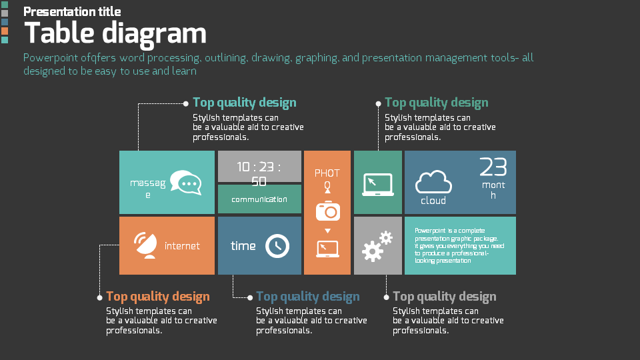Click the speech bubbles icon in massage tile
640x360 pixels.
(x=185, y=183)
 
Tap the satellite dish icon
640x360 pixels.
(x=144, y=245)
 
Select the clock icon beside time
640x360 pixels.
(x=277, y=246)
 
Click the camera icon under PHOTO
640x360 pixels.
(x=327, y=211)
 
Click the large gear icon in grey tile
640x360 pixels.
(x=371, y=251)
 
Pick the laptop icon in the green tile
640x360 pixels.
(x=378, y=184)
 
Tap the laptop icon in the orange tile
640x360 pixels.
(x=327, y=249)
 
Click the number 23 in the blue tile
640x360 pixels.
(x=493, y=167)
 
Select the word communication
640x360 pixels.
(x=260, y=199)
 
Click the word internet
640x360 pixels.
(x=182, y=246)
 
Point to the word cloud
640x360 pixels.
(x=433, y=201)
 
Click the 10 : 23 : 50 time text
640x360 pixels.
(x=259, y=173)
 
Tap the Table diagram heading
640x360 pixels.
(x=115, y=33)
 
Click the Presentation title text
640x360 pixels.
(x=72, y=11)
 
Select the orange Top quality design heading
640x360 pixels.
(x=158, y=297)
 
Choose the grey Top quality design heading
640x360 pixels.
(x=445, y=297)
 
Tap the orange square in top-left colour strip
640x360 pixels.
(x=5, y=31)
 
